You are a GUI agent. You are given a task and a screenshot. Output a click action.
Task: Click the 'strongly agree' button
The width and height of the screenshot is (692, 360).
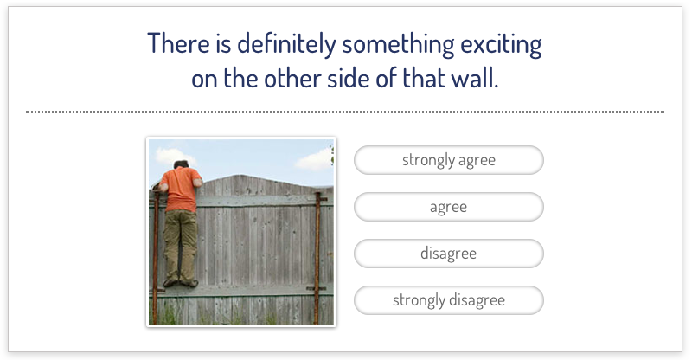[448, 160]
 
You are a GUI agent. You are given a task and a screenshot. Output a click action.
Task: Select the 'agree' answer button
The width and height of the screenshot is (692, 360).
[448, 207]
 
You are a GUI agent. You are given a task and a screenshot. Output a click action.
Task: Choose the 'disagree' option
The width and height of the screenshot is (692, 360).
[448, 254]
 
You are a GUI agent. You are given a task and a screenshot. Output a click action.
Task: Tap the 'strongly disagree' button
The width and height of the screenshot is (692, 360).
[448, 300]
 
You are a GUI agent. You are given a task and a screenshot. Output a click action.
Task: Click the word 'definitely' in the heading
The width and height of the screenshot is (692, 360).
[286, 44]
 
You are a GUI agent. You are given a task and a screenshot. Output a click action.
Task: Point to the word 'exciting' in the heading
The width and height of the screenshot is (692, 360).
[501, 44]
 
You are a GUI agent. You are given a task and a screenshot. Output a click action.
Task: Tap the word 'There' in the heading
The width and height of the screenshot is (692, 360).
[179, 43]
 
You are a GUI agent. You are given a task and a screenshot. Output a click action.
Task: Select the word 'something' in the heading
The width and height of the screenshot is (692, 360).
[398, 44]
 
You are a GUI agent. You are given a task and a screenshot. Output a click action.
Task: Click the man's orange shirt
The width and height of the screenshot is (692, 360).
[181, 189]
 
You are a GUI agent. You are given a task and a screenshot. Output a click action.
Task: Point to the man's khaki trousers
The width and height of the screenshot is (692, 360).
[180, 245]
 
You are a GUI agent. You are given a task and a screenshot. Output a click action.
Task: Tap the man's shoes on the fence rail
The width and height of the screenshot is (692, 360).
[181, 283]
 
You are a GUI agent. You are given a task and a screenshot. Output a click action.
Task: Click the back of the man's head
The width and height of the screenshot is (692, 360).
[181, 165]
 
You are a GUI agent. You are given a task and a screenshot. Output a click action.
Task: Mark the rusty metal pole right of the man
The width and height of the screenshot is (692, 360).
[317, 258]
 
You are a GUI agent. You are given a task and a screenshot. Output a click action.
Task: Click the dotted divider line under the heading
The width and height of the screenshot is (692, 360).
[345, 112]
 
